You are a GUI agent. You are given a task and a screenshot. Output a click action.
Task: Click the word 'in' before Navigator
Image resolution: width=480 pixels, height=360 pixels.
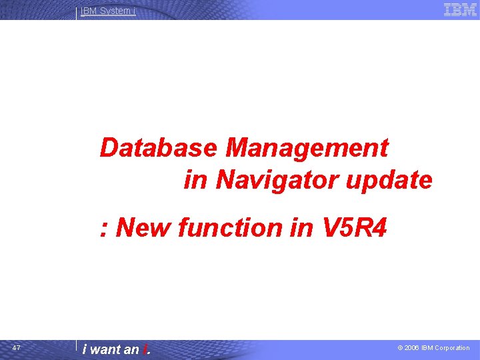(x=195, y=180)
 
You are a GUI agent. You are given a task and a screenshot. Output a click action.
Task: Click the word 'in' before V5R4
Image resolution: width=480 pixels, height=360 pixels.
(x=300, y=228)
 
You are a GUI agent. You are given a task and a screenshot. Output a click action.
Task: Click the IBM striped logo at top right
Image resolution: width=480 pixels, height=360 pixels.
(x=460, y=10)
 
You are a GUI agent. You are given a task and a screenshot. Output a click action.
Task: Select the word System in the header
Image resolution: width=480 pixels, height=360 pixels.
(x=115, y=11)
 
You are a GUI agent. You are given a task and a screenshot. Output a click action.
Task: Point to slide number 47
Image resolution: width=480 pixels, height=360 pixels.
(x=17, y=348)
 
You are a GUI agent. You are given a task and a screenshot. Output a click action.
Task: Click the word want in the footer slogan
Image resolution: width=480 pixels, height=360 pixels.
(x=105, y=349)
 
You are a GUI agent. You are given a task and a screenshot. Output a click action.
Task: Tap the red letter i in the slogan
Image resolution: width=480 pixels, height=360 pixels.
(x=144, y=349)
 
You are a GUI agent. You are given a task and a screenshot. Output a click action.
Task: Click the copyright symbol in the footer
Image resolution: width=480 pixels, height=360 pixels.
(x=401, y=348)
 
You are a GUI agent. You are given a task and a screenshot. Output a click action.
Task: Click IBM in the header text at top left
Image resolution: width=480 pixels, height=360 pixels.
(x=89, y=11)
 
